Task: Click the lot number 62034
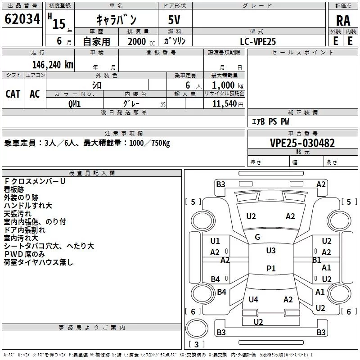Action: pyautogui.click(x=22, y=19)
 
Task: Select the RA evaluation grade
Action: pyautogui.click(x=343, y=21)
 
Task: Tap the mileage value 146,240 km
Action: pyautogui.click(x=53, y=65)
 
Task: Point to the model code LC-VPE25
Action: pyautogui.click(x=258, y=41)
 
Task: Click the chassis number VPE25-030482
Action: pyautogui.click(x=302, y=143)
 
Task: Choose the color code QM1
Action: pyautogui.click(x=74, y=104)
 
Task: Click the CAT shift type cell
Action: pyautogui.click(x=13, y=94)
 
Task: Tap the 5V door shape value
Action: pyautogui.click(x=174, y=20)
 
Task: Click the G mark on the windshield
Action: pyautogui.click(x=257, y=237)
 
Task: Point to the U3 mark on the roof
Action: pyautogui.click(x=271, y=251)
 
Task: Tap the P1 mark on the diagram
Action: pyautogui.click(x=271, y=268)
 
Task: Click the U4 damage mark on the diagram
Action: pyautogui.click(x=253, y=299)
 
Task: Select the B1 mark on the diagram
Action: pyautogui.click(x=317, y=260)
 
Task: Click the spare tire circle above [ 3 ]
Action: pyautogui.click(x=197, y=328)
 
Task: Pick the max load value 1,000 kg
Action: pyautogui.click(x=227, y=85)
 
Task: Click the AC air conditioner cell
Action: pyautogui.click(x=35, y=94)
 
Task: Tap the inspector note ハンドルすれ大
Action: pyautogui.click(x=28, y=206)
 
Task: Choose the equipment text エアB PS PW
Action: pyautogui.click(x=270, y=121)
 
